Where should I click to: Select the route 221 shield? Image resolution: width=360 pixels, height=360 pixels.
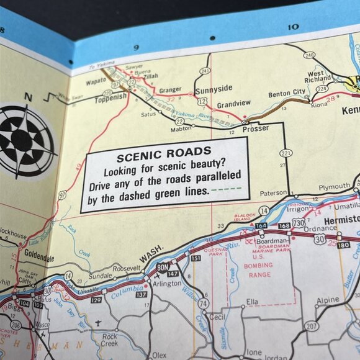click(x=286, y=153)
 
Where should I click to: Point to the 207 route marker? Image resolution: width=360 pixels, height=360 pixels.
click(x=311, y=325)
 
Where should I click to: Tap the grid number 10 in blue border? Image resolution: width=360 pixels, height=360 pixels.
click(x=294, y=27)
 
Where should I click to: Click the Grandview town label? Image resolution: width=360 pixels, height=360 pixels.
click(x=233, y=104)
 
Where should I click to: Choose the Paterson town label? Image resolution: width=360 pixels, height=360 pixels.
click(x=273, y=193)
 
